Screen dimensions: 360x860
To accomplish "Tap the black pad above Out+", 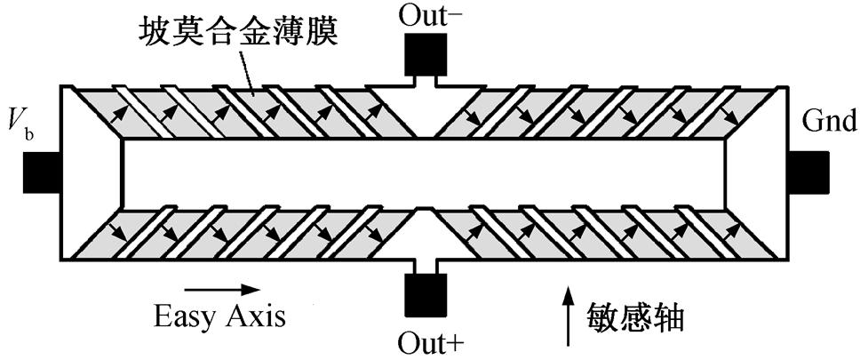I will pyautogui.click(x=426, y=295).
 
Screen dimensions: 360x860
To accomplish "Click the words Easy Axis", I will pyautogui.click(x=219, y=315).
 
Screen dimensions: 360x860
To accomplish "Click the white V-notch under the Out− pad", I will pyautogui.click(x=427, y=111).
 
